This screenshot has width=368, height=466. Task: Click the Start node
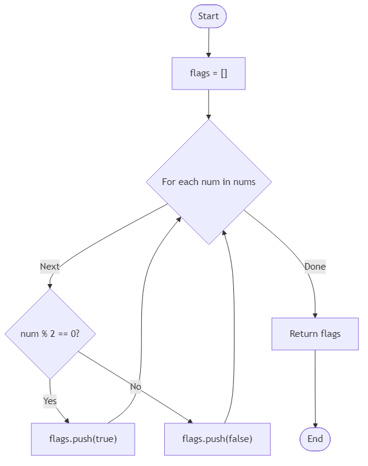click(x=208, y=16)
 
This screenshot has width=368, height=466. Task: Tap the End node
click(x=315, y=439)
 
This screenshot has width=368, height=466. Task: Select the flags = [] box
click(x=208, y=73)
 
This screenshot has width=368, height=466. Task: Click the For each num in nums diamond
click(x=208, y=182)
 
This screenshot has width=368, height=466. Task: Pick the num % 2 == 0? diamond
click(x=50, y=334)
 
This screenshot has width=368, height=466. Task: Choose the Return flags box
click(x=315, y=334)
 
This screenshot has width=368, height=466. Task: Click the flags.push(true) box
click(x=83, y=439)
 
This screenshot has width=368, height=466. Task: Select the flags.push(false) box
click(x=217, y=439)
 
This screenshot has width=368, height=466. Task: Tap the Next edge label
click(x=50, y=266)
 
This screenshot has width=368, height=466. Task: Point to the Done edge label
click(x=314, y=266)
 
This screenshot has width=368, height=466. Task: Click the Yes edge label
click(x=50, y=401)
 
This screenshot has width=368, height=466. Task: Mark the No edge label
click(x=135, y=387)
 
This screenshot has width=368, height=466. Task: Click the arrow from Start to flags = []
click(x=208, y=42)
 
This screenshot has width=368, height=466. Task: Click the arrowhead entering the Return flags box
click(x=315, y=315)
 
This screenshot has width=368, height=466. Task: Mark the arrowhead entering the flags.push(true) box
click(x=67, y=420)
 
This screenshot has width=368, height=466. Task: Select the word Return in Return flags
click(x=303, y=334)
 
